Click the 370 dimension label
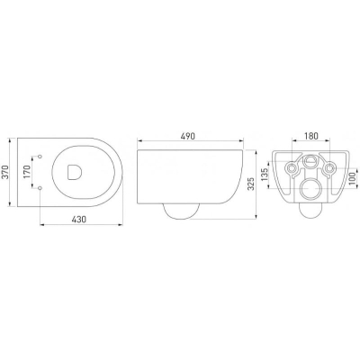coord(4,173)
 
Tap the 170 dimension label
coord(27,173)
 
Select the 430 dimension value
coord(79,220)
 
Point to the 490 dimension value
coord(187,136)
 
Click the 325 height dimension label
coord(251,184)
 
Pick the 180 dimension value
coord(311,136)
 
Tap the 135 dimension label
coord(265,175)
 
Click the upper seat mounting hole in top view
coord(40,157)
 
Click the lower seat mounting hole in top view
coord(40,188)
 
